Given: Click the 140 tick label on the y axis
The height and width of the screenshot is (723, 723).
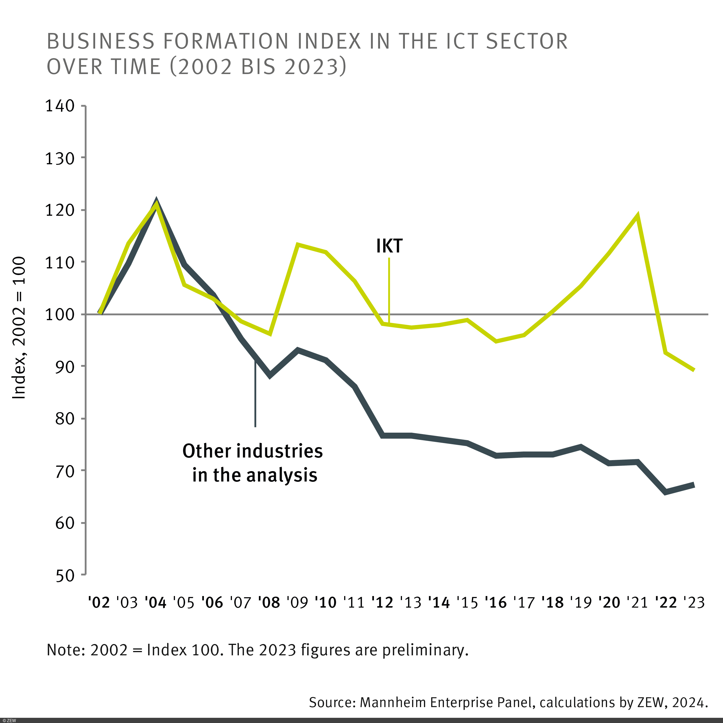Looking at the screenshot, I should pos(60,106).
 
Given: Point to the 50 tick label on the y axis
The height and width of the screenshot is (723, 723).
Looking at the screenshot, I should pos(65,576).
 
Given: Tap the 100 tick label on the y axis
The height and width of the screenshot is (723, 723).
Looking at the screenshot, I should pos(60,314).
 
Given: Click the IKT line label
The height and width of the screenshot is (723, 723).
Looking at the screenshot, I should pos(389,246).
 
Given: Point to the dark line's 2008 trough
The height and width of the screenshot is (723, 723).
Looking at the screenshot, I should pos(270,376).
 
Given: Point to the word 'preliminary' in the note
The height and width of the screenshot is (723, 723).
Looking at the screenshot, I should pos(425,650).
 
